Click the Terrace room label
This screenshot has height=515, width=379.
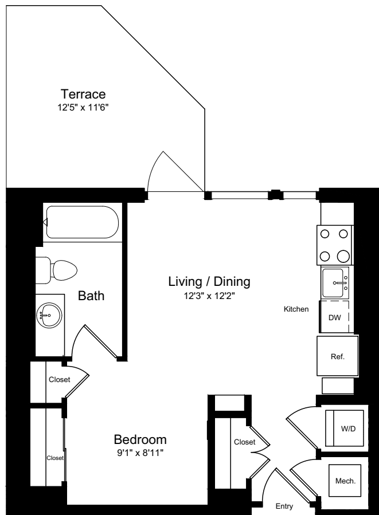84,94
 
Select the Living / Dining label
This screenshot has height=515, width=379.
209,282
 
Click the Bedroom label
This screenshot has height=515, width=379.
140,440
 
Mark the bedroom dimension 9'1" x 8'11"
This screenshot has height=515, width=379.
140,453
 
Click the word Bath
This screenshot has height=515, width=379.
91,296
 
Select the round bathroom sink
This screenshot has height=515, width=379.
48,314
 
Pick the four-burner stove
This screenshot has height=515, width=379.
335,245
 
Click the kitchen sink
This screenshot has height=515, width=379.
335,282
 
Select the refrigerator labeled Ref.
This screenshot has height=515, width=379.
337,356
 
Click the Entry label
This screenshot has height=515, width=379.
284,506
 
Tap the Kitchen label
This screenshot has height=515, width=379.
296,309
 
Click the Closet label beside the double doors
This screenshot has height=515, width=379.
244,442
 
